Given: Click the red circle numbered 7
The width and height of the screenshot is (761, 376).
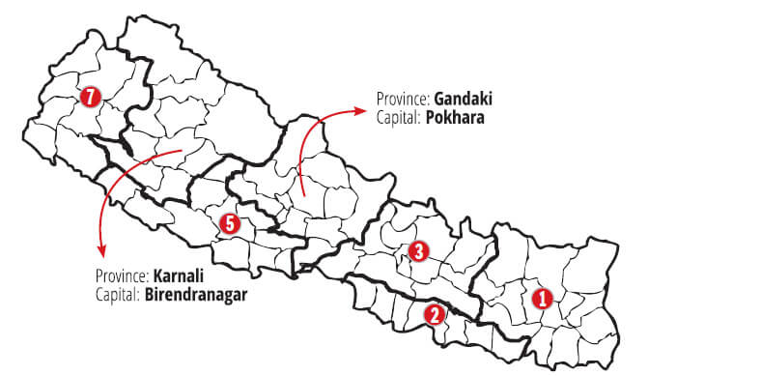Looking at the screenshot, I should coord(91,97).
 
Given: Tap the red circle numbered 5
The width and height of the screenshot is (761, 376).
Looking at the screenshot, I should coord(229,223).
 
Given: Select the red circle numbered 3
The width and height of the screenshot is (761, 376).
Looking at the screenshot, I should coord(418,252).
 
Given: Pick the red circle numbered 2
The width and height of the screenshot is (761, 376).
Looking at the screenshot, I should coord(436,313).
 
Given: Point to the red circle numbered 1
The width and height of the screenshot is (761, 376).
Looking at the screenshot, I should coord(542,298).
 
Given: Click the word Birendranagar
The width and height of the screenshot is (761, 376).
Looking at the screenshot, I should coord(196,293).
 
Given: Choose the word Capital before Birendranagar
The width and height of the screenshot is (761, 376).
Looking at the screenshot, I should coord(117,293).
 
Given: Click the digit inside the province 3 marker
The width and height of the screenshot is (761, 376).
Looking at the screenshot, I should coord(418,252).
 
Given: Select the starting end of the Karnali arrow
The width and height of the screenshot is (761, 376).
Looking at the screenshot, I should coord(182,151).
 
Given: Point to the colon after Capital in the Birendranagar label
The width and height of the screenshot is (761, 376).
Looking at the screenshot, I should coord(140,294).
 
